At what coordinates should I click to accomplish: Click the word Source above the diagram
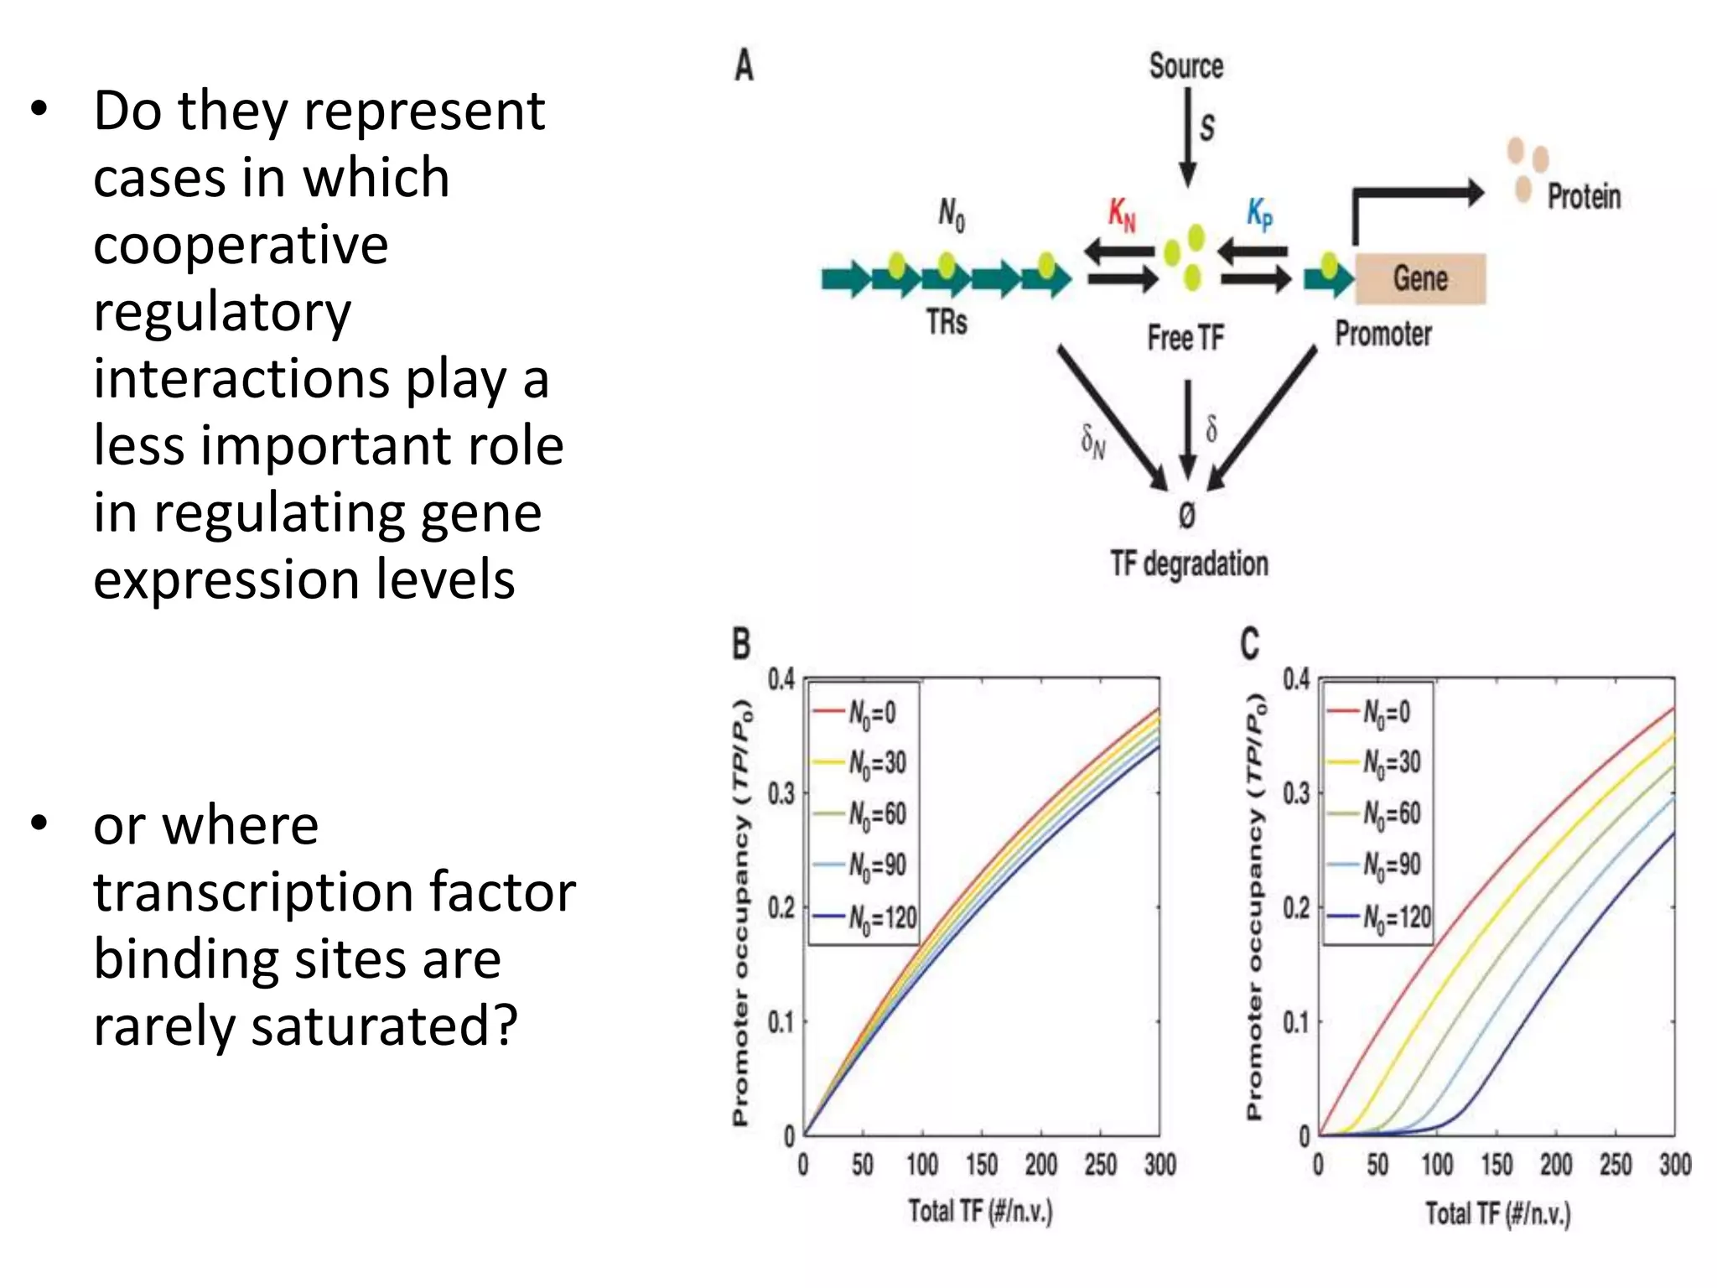pyautogui.click(x=1185, y=66)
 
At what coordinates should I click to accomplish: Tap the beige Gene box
pyautogui.click(x=1420, y=278)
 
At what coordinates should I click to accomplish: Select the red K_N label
pyautogui.click(x=1122, y=215)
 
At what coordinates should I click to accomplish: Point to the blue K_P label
pyautogui.click(x=1259, y=214)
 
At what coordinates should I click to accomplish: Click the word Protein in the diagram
pyautogui.click(x=1584, y=197)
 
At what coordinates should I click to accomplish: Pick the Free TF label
pyautogui.click(x=1185, y=338)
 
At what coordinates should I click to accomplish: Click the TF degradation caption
pyautogui.click(x=1189, y=564)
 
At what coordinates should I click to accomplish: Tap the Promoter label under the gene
pyautogui.click(x=1383, y=334)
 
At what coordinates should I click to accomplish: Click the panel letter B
pyautogui.click(x=742, y=645)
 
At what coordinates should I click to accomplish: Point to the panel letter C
pyautogui.click(x=1249, y=645)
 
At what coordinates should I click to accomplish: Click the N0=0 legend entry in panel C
pyautogui.click(x=1379, y=713)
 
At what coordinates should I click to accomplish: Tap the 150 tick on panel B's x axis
pyautogui.click(x=982, y=1164)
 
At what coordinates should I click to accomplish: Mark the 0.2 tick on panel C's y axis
pyautogui.click(x=1295, y=907)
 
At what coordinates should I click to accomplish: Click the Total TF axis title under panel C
pyautogui.click(x=1497, y=1213)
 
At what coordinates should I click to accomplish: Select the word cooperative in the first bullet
pyautogui.click(x=241, y=245)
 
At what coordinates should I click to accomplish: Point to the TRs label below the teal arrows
pyautogui.click(x=947, y=322)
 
